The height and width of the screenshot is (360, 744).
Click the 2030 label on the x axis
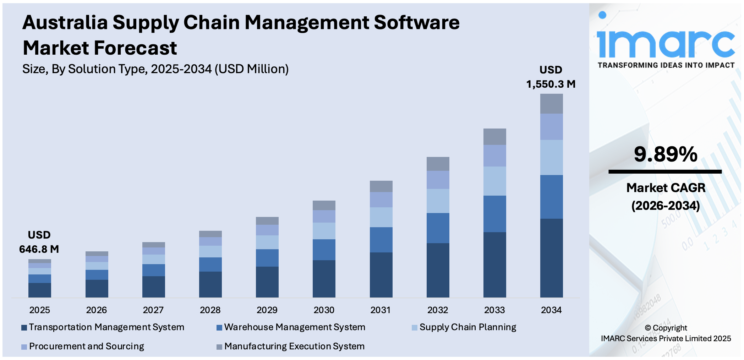tap(324, 310)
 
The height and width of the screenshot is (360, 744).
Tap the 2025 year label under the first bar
tap(39, 310)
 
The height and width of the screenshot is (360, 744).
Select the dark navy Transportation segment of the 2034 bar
tap(551, 258)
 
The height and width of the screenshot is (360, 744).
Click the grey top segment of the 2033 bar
tap(494, 137)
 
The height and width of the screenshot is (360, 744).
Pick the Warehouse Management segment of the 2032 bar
tap(438, 228)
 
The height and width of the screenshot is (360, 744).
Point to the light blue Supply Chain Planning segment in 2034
tap(551, 157)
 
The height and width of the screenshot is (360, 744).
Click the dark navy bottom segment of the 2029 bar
tap(267, 282)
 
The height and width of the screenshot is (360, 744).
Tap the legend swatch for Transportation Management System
tap(24, 328)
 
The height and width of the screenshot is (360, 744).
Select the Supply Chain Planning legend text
tap(467, 327)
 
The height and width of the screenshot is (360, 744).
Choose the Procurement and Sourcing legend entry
tap(86, 346)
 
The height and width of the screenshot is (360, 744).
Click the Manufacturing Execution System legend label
tap(294, 346)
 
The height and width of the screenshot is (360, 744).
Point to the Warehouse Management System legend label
tap(294, 327)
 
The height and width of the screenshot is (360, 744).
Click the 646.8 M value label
tap(39, 249)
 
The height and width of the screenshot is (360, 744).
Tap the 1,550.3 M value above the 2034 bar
tap(551, 84)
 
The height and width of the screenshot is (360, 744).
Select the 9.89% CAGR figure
tap(666, 154)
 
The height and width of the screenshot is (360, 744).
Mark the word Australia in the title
tap(65, 22)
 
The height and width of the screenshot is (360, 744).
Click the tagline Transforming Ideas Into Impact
tap(666, 65)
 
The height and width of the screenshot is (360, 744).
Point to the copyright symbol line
tap(666, 328)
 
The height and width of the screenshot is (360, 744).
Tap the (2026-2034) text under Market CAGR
tap(666, 206)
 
